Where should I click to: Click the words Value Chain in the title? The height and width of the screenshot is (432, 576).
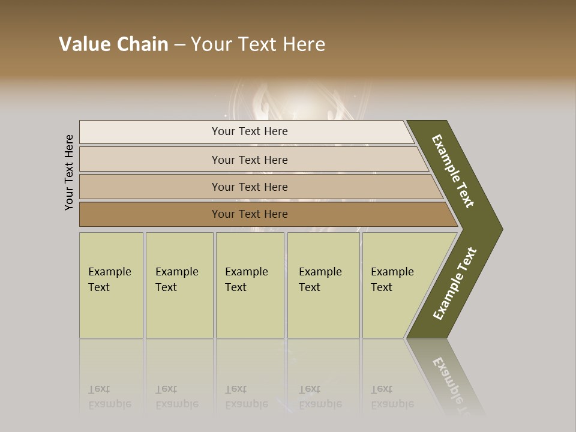tap(113, 44)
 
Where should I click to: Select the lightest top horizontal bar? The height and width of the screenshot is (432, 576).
tap(150, 132)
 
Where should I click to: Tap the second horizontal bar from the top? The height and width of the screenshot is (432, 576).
tap(150, 160)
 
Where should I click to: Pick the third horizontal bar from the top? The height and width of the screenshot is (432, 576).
tap(150, 187)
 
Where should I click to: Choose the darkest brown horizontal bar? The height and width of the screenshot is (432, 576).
tap(150, 214)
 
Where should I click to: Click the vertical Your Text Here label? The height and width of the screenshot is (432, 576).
tap(69, 172)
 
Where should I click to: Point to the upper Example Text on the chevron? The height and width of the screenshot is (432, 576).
tap(453, 171)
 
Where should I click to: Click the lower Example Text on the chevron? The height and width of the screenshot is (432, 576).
tap(455, 284)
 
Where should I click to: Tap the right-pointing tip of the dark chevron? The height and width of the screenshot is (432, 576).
tap(500, 229)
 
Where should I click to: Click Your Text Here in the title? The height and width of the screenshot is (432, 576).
tap(258, 44)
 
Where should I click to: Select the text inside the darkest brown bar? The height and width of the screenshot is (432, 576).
tap(250, 214)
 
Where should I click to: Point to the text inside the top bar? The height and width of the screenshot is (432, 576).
tap(250, 131)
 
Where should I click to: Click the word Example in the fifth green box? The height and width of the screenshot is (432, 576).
tap(392, 272)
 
